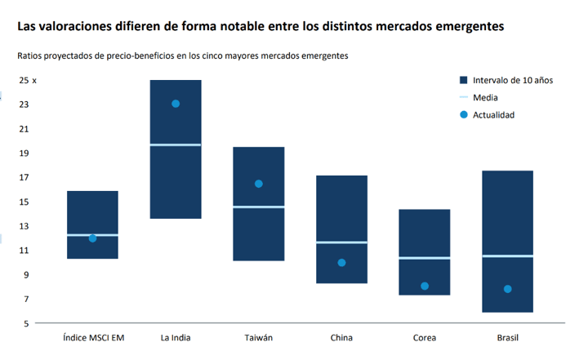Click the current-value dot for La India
coord(176,104)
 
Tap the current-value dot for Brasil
coord(508,289)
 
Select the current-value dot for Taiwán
coord(259,184)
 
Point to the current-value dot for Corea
coord(425,286)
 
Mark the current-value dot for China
coord(341,263)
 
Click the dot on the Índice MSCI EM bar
coord(92,238)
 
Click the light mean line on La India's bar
coord(176,144)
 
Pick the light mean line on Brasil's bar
coord(508,256)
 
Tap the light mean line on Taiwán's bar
coord(259,207)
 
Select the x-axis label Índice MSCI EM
coord(92,338)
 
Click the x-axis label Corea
coord(425,338)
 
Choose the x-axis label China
coord(341,338)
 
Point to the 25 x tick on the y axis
coord(28,80)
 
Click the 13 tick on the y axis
coord(24,226)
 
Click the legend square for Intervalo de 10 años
coord(463,80)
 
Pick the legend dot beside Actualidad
coord(463,114)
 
